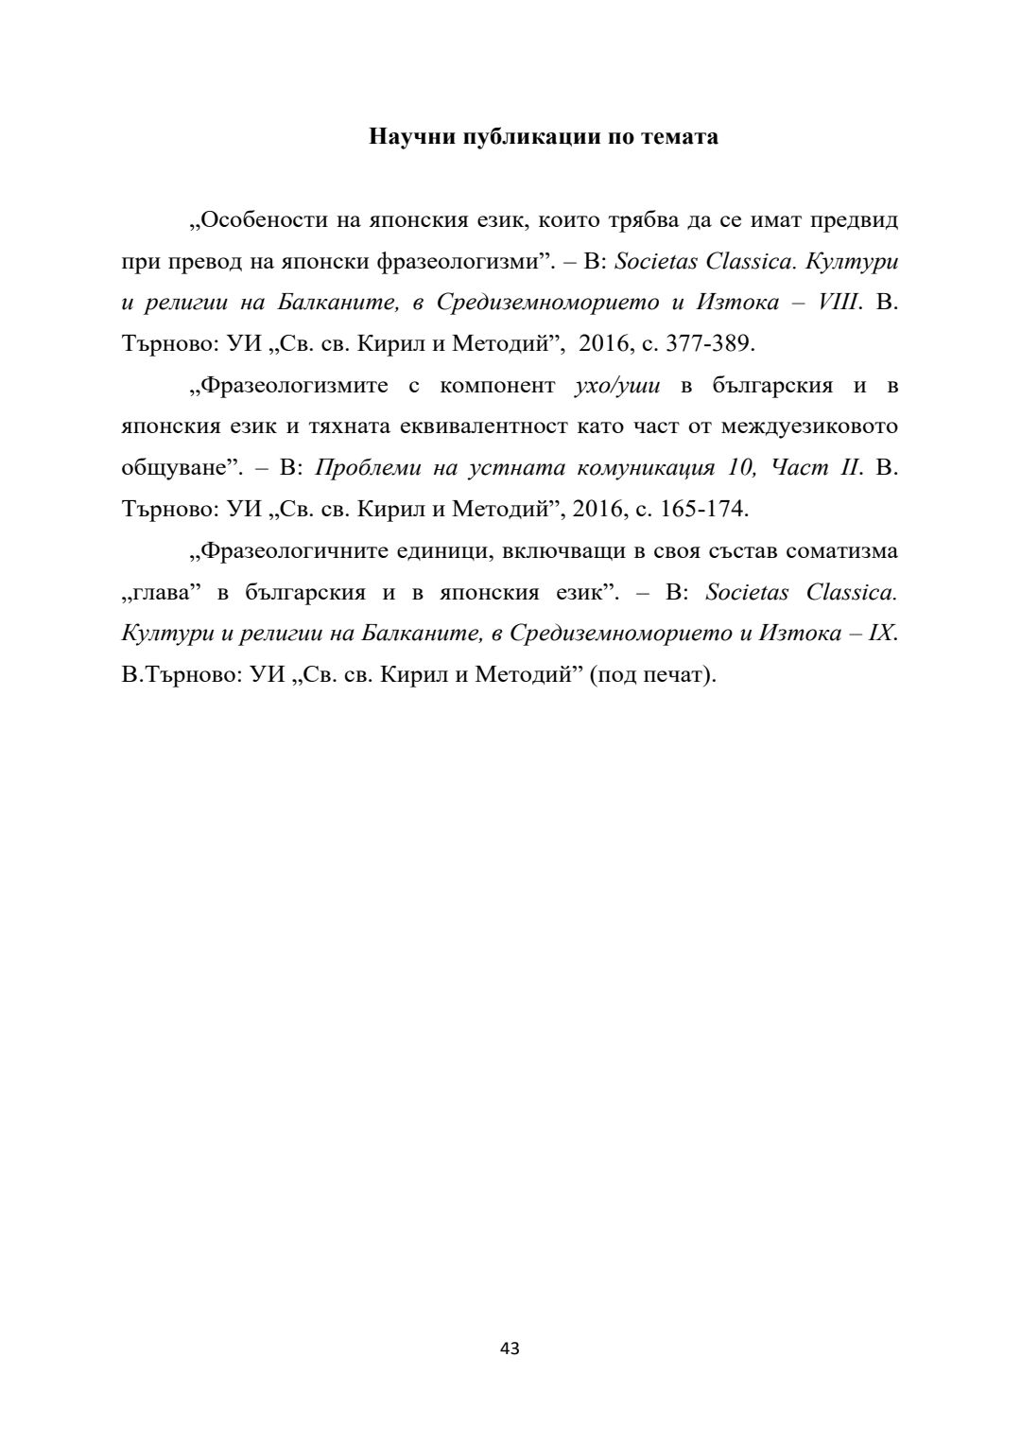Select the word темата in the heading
680,136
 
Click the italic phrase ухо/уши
616,385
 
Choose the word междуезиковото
809,426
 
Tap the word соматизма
840,550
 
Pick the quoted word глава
163,592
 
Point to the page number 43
510,1348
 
